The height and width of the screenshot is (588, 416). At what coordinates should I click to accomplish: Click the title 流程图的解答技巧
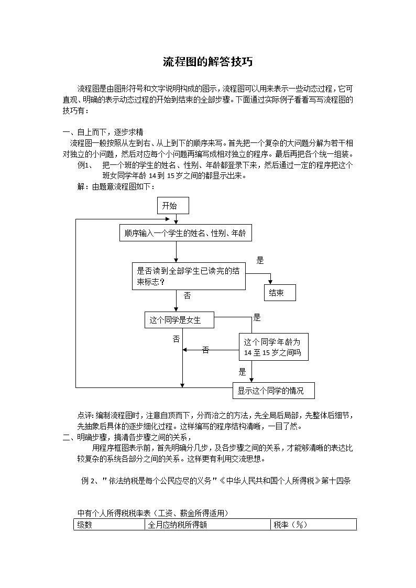208,62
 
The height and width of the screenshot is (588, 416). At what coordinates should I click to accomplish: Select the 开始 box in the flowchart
173,206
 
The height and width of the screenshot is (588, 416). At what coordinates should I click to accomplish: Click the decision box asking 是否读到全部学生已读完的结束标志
189,276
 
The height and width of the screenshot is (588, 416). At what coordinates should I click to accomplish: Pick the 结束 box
280,293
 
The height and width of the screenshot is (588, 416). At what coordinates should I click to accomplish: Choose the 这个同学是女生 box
179,320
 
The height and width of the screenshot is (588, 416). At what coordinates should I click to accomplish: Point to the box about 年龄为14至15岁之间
273,347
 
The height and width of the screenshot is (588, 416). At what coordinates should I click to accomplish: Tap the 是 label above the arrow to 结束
260,260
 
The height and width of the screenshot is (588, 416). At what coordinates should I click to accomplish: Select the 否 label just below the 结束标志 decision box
188,296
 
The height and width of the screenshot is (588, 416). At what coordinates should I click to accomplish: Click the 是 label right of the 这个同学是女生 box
257,317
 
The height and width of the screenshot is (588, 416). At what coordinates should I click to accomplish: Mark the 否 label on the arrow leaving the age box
205,350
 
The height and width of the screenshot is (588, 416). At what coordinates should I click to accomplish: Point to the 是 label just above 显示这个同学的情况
242,372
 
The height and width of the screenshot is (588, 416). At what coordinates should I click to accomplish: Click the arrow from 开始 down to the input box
176,220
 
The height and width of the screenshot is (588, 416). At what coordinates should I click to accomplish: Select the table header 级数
85,525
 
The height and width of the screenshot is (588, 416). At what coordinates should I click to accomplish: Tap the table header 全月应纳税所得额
178,525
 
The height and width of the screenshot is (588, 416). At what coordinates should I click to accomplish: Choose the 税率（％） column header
290,525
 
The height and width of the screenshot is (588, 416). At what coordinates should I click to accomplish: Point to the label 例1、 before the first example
85,165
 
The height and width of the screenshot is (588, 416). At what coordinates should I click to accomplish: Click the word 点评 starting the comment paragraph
85,415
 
